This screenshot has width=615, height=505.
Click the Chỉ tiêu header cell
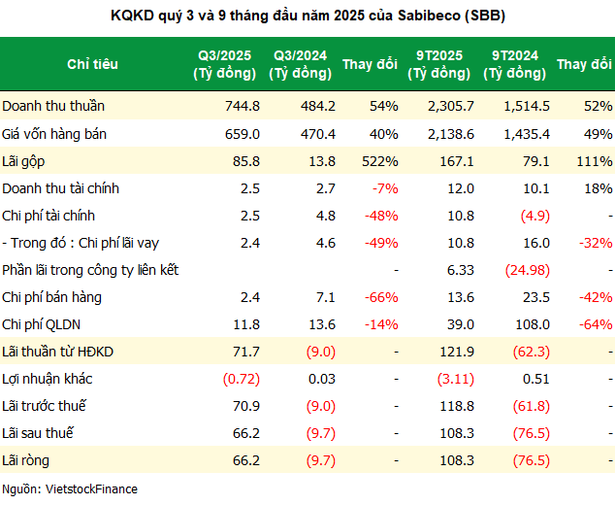tap(93, 64)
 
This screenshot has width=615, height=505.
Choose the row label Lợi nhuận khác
tap(48, 378)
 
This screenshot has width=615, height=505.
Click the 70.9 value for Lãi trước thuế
tap(245, 405)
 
